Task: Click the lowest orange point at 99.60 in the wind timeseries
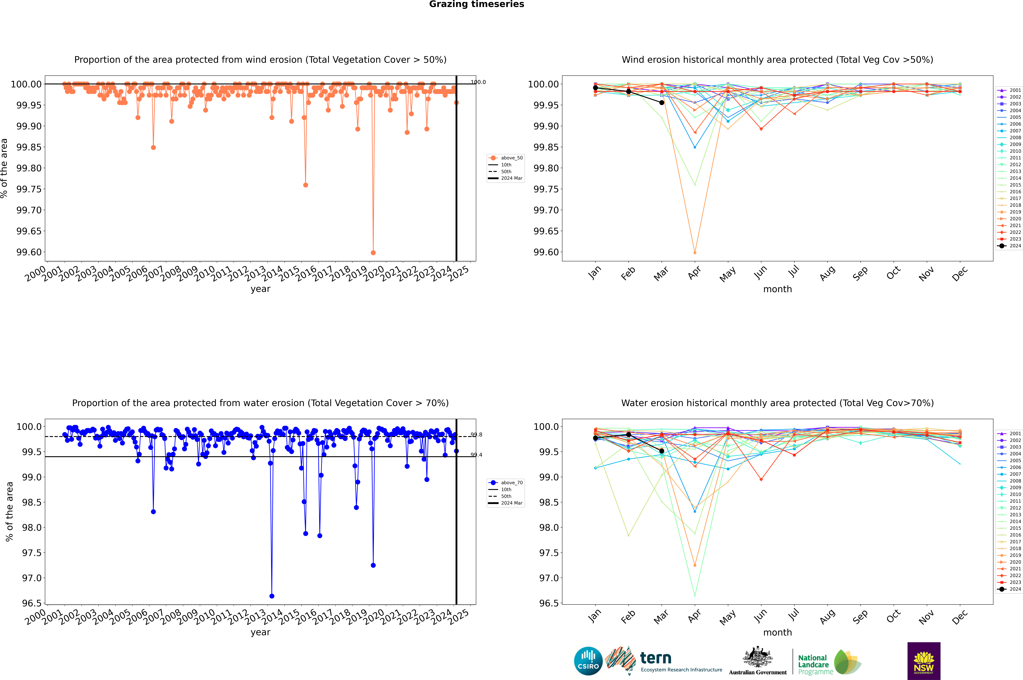pos(373,252)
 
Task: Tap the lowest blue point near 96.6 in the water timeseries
pos(272,596)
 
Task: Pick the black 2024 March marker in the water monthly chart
pos(661,451)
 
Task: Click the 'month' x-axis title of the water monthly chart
pos(777,632)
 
